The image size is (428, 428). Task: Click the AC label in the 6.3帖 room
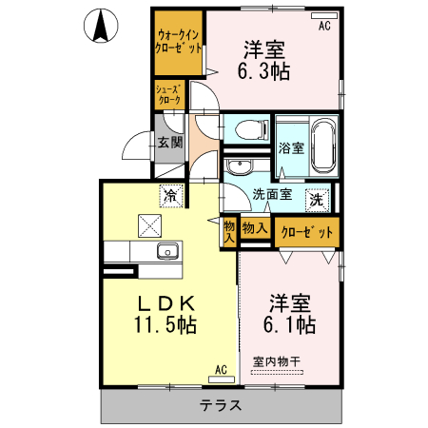[x=324, y=25]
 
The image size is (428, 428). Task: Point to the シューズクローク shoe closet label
[x=168, y=93]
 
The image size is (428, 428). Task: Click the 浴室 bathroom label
[x=291, y=148]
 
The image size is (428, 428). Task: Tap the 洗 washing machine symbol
[x=316, y=201]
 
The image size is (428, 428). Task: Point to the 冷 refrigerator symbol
[x=171, y=196]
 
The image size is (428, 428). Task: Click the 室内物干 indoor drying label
[x=276, y=361]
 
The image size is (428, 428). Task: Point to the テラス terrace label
[x=220, y=406]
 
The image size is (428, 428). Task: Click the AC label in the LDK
[x=220, y=369]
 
